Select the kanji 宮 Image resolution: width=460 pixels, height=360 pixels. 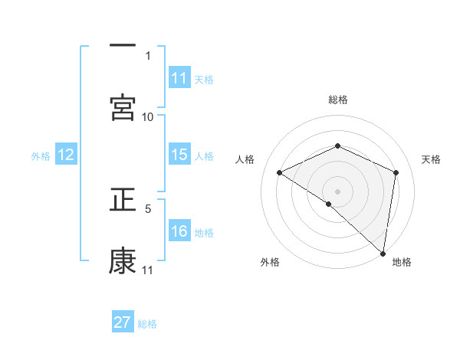[x=123, y=107]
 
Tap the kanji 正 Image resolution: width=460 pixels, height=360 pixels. [x=123, y=201]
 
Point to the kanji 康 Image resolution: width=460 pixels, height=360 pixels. [x=123, y=261]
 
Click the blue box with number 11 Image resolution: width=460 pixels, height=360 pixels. [x=179, y=78]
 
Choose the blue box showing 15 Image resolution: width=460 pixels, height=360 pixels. [x=179, y=155]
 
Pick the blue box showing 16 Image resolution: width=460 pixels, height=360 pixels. [x=179, y=231]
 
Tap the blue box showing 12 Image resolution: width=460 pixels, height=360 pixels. [x=66, y=155]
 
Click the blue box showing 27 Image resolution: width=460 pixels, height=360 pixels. [x=123, y=322]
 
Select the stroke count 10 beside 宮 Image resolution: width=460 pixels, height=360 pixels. [x=148, y=116]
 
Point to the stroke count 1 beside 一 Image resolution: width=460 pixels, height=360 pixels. [x=148, y=55]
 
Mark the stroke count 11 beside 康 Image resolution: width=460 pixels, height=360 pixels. [x=148, y=270]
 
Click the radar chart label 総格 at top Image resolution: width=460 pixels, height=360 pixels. [x=338, y=100]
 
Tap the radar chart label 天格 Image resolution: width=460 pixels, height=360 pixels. [x=431, y=159]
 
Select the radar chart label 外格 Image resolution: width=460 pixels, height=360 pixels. [x=270, y=263]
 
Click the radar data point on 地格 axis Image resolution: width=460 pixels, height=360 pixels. [x=384, y=254]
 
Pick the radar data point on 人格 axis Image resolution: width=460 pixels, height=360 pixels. [x=280, y=173]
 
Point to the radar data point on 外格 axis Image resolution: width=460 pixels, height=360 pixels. [x=329, y=204]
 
